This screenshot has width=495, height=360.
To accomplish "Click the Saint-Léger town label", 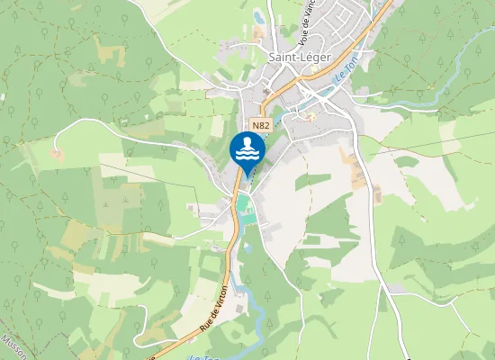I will point(301,57).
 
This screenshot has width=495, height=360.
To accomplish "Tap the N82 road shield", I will point(260,125).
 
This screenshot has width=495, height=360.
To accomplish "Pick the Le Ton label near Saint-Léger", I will point(341,83).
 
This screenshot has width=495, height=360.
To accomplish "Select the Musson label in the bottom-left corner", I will point(10,345).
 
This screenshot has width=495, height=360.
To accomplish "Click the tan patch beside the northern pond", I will point(260,32).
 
